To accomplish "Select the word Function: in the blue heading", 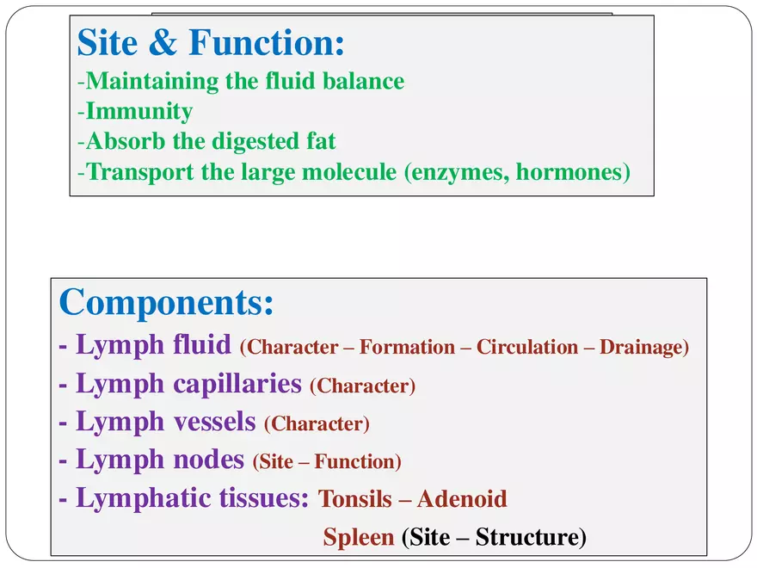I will tap(267, 41).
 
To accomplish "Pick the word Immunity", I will tap(139, 112).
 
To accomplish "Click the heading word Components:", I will tap(167, 302).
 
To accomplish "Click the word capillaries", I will tap(232, 384).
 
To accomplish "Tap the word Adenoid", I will tap(462, 499).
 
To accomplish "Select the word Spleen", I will tap(358, 538).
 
